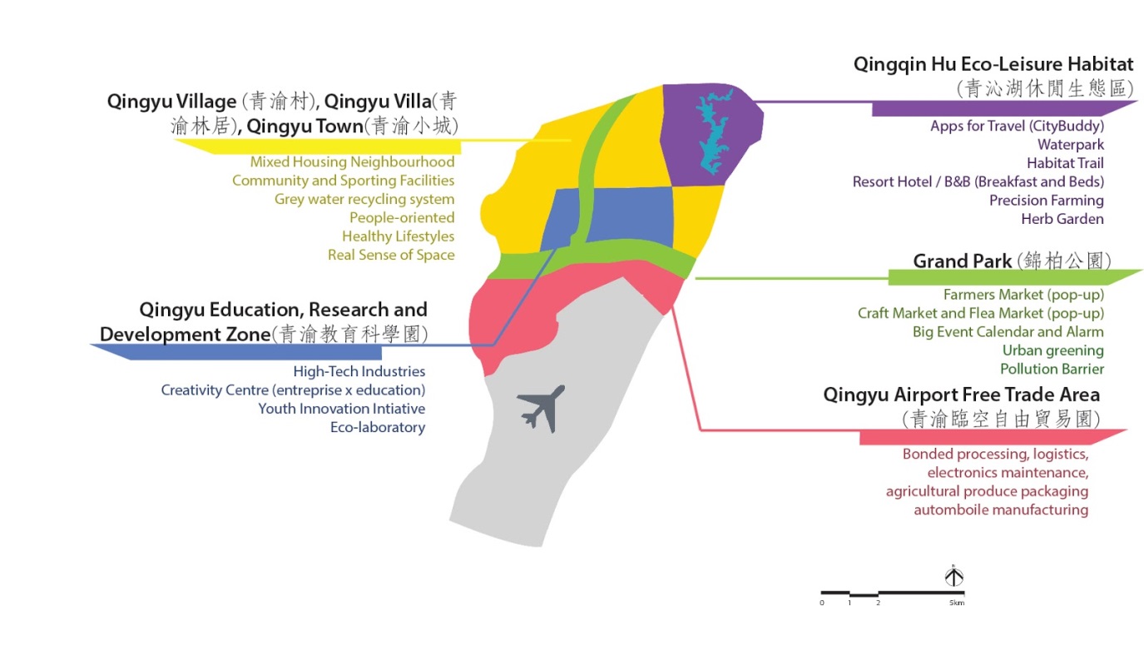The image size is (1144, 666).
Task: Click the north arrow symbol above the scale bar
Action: (x=954, y=575)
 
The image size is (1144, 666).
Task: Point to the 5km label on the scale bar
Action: (x=957, y=603)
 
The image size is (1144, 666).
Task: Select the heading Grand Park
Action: (x=963, y=261)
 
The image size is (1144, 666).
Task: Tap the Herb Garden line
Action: (x=1062, y=219)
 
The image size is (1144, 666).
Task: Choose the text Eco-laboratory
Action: (x=378, y=427)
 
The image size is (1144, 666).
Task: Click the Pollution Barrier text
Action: (x=1052, y=369)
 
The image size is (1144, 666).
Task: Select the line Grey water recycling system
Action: (x=364, y=199)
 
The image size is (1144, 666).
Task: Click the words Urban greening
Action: (x=1052, y=350)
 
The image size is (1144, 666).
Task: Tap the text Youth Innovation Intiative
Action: (x=341, y=409)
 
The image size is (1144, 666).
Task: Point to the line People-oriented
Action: (x=402, y=217)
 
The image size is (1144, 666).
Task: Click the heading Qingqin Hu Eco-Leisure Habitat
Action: (x=993, y=64)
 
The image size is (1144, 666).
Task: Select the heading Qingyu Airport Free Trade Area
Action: (x=962, y=395)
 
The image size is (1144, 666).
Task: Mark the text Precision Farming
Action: (x=1046, y=201)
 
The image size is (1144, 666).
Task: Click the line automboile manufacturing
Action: (x=1001, y=509)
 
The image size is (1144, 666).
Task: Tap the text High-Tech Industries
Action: (x=359, y=371)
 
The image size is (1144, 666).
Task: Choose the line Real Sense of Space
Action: (x=391, y=255)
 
